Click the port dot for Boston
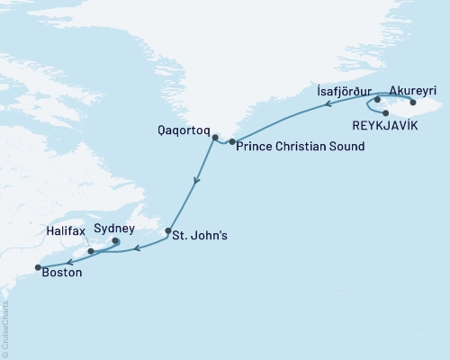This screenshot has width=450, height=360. (37, 267)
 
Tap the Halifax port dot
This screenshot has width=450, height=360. (92, 251)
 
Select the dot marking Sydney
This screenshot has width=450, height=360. (115, 241)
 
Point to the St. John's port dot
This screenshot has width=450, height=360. (167, 232)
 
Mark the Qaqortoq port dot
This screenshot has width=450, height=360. (215, 138)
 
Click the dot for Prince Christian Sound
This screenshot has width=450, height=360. (232, 142)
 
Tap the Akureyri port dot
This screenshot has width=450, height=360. (413, 103)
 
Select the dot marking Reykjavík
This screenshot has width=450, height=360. (385, 112)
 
